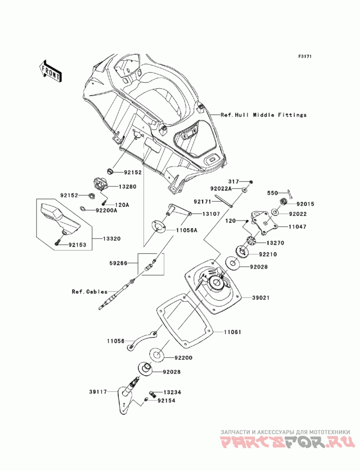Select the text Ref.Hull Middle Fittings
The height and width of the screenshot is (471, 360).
tap(263, 115)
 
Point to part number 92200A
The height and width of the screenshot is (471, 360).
tap(106, 210)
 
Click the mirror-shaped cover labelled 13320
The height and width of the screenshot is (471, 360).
tap(58, 218)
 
